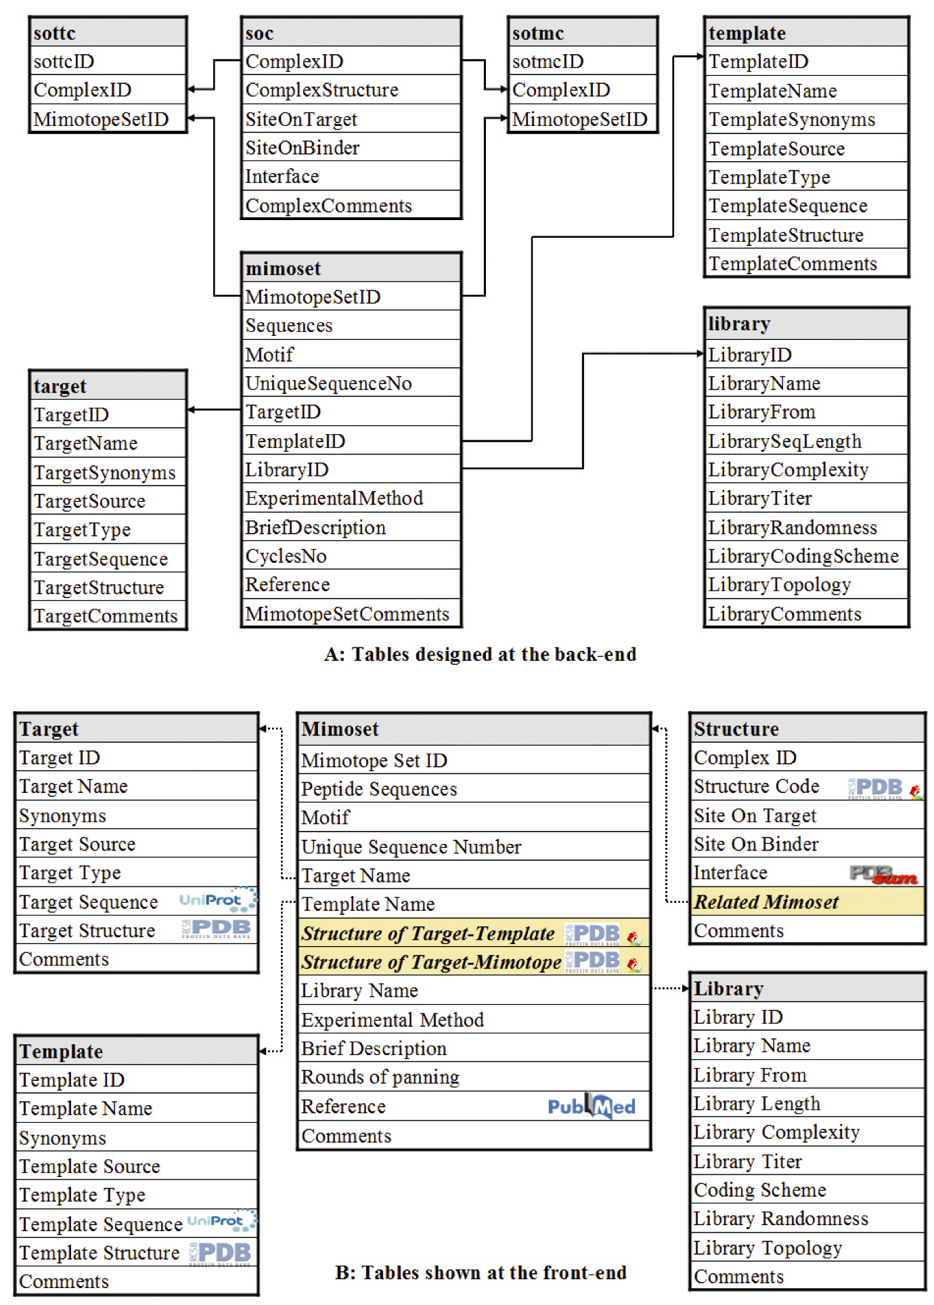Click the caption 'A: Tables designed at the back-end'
coord(480,654)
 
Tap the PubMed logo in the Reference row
coord(592,1106)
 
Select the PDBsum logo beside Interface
coord(883,874)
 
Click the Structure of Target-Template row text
coord(428,933)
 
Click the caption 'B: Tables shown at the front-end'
coord(481,1272)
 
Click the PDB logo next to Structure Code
coord(876,788)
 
